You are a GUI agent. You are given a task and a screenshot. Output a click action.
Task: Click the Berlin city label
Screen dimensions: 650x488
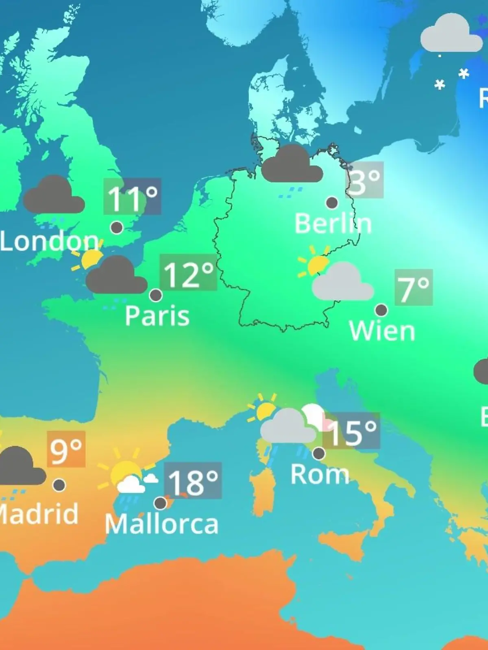coord(333,223)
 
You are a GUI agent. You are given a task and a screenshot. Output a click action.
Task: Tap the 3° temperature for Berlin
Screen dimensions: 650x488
coord(365,180)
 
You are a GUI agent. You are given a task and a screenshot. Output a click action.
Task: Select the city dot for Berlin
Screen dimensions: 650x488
coord(332,202)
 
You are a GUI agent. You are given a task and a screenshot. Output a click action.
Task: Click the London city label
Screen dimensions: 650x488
coord(49,241)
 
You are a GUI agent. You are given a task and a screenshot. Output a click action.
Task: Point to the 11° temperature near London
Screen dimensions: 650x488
coord(132,197)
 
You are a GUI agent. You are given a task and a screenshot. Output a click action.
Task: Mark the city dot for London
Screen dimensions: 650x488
coord(117,227)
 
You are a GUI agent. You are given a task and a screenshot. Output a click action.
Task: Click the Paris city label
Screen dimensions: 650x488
coord(157,316)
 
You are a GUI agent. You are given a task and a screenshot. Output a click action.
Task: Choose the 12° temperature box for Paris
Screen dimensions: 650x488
coord(188,273)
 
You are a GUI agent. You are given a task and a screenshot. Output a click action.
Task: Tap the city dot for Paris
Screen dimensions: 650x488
coord(156,295)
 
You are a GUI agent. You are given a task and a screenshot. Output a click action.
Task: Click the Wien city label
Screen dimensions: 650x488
coord(382,331)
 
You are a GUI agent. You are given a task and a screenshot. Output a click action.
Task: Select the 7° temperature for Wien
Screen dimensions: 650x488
coord(414,288)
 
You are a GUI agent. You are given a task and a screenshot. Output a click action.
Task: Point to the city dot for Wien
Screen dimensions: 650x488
coord(381,310)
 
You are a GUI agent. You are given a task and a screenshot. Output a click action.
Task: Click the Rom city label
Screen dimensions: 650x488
coord(320,474)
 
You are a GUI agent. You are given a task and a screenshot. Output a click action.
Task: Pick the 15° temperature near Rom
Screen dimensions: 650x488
coord(351,431)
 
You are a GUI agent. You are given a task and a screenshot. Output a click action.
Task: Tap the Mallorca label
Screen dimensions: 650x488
coord(161,524)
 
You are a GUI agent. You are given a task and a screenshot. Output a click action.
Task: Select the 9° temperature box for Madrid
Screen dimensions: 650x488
coord(66,449)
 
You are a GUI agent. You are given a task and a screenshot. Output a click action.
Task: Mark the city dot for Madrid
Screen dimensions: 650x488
coord(59,485)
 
